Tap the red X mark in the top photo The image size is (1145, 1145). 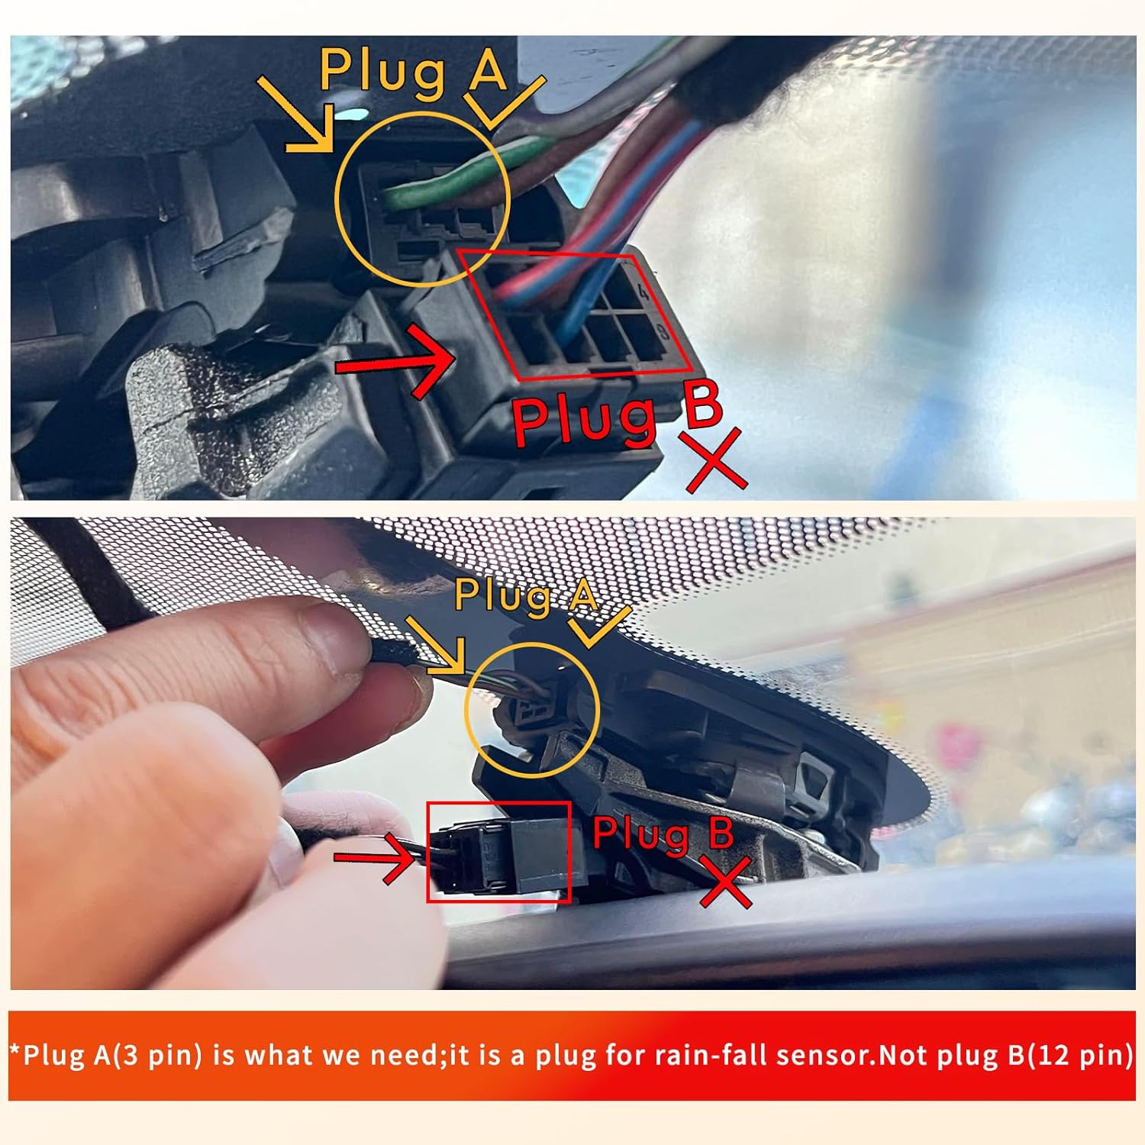(715, 460)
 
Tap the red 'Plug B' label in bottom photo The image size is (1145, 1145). (663, 833)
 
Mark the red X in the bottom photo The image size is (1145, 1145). (726, 880)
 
